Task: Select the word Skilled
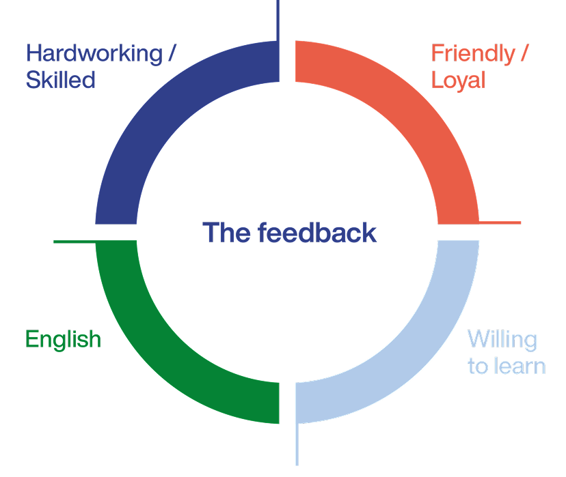coord(60,81)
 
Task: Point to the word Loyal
coord(458,81)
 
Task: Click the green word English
coord(63,339)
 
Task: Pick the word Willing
coord(502,339)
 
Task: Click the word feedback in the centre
coord(318,233)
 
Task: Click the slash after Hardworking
coord(177,54)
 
